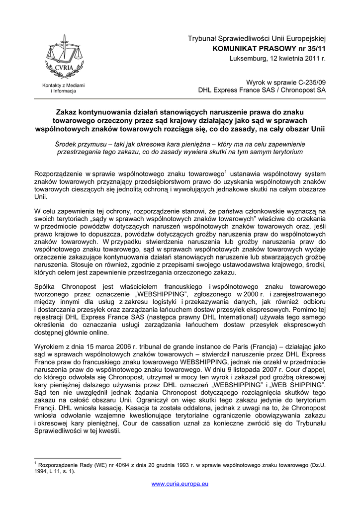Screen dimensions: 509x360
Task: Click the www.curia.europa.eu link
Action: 180,484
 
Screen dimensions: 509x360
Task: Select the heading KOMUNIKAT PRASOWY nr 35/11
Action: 269,49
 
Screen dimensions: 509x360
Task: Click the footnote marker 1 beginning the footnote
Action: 35,463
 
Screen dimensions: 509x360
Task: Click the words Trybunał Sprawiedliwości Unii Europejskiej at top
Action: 256,39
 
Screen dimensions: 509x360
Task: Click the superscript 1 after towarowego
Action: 225,171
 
